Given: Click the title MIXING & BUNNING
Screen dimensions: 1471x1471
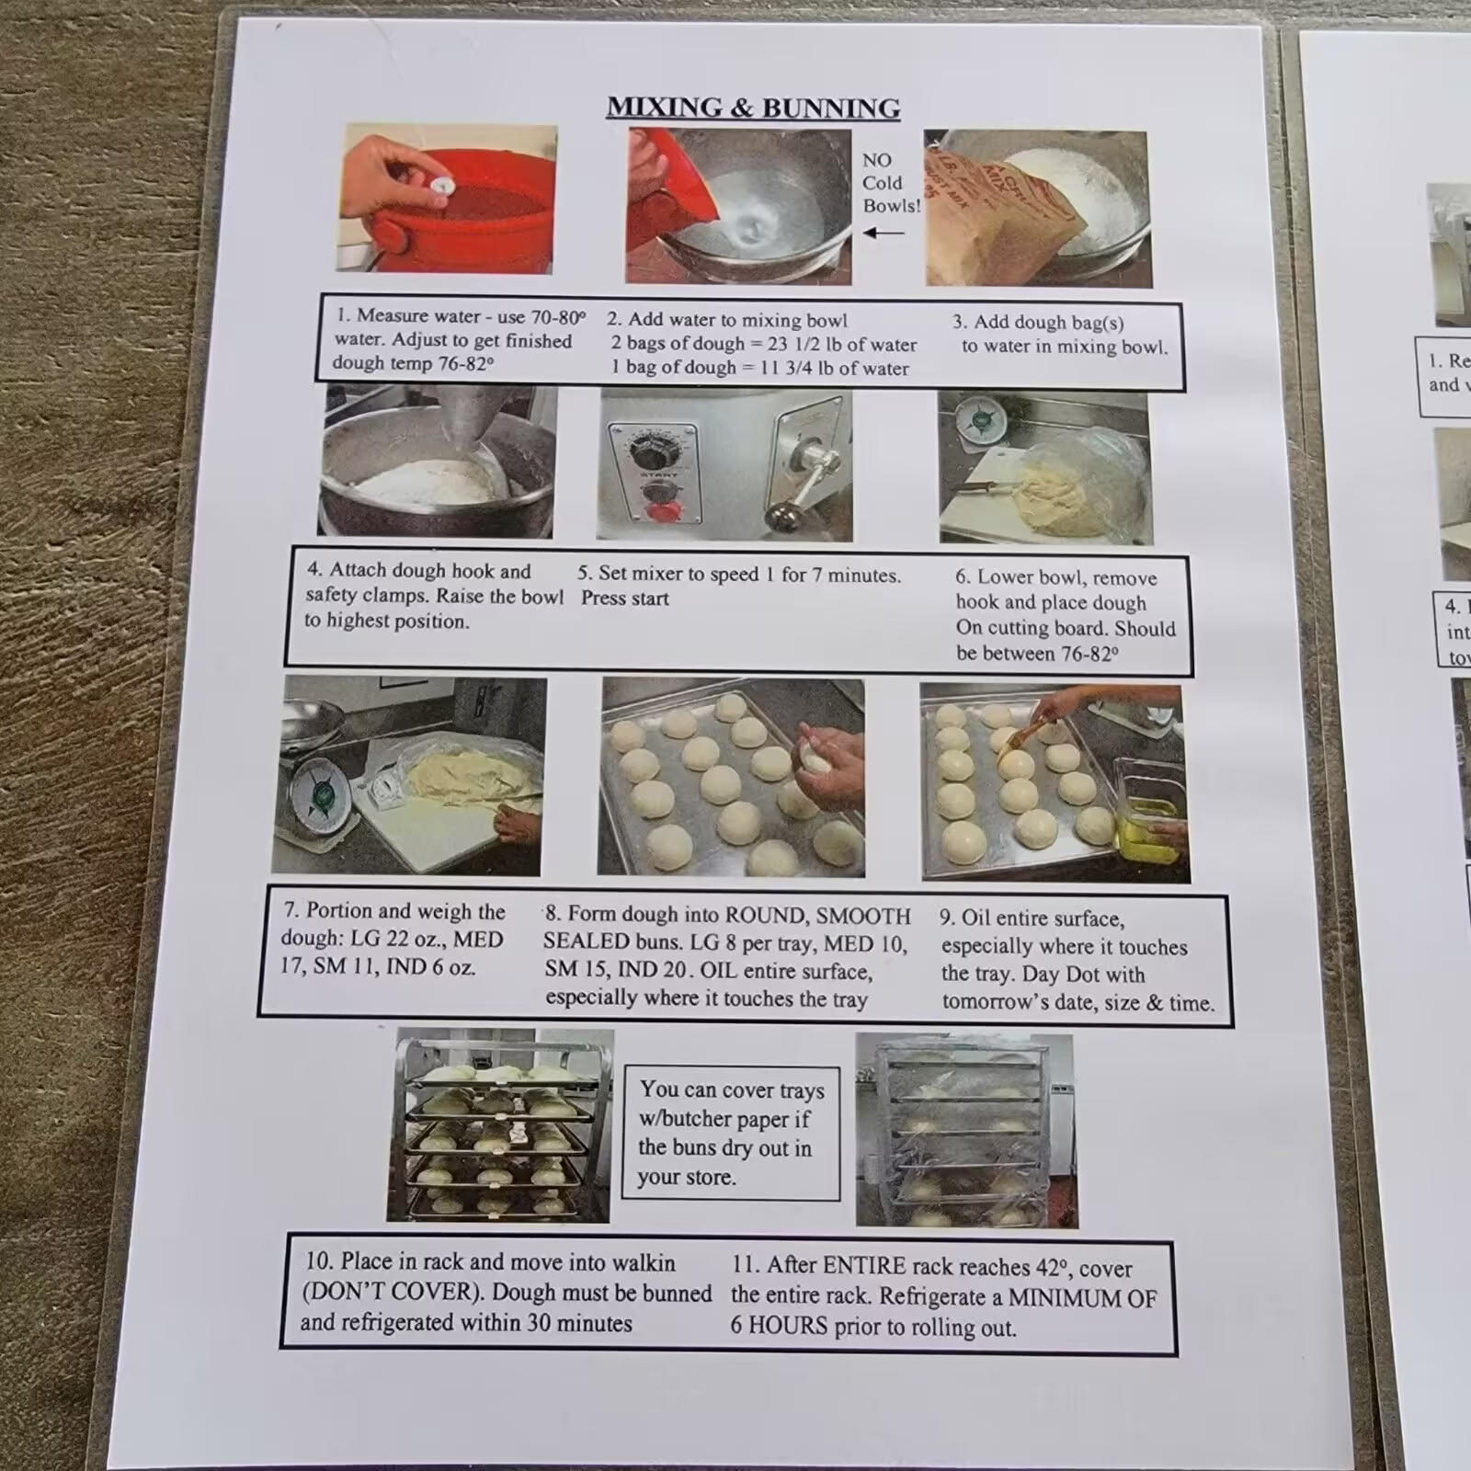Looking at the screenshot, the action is pyautogui.click(x=753, y=108).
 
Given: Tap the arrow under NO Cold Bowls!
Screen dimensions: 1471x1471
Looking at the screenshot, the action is pyautogui.click(x=884, y=233).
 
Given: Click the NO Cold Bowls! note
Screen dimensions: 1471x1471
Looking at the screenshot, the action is pyautogui.click(x=891, y=183).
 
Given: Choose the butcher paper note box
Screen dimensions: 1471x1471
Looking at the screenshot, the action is pyautogui.click(x=731, y=1133).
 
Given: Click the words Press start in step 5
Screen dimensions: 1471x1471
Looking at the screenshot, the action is pyautogui.click(x=624, y=599).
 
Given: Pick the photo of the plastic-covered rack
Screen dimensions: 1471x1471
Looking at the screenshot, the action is pyautogui.click(x=966, y=1131).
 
